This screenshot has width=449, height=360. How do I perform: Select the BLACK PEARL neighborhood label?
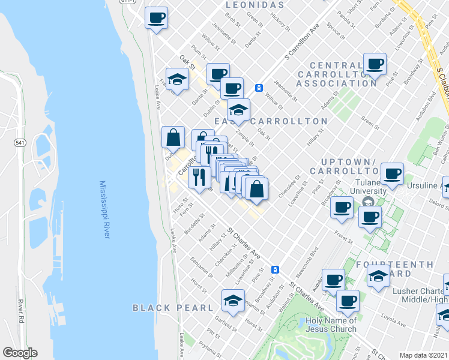pos(173,308)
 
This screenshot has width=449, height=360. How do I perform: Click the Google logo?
pos(20,353)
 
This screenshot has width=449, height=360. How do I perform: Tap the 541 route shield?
pos(20,143)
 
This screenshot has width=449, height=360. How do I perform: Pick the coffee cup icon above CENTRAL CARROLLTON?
pos(375,64)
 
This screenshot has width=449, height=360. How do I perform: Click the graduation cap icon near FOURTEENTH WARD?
pos(378,278)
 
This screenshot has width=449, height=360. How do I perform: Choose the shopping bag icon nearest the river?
pos(173,137)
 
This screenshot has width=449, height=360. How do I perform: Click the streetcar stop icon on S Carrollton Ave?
pos(259,88)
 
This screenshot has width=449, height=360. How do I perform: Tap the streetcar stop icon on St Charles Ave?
pos(274,269)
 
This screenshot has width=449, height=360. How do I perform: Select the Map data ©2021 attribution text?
pos(423,355)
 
